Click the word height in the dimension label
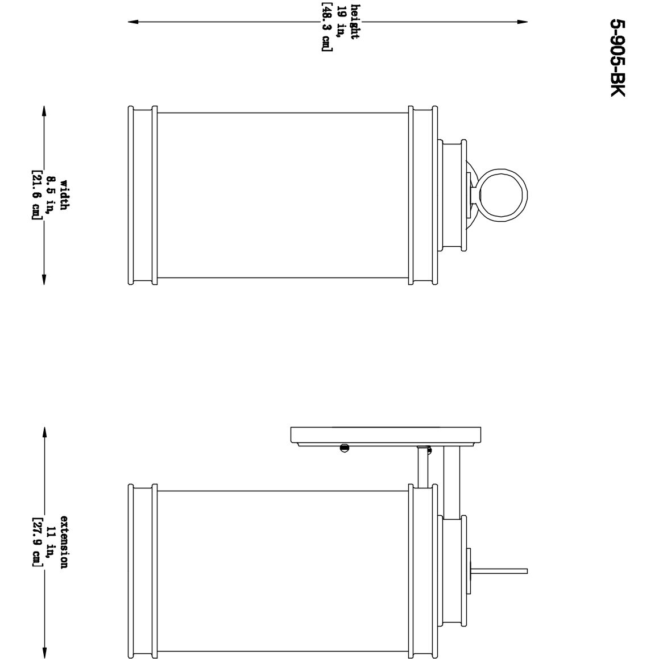coord(354,22)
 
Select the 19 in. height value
coord(340,22)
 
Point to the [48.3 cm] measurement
coord(326,27)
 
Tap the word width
coord(64,195)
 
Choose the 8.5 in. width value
coord(51,195)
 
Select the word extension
coord(64,542)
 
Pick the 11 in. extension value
coord(51,542)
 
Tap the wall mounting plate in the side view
coord(386,435)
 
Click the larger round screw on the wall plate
coord(344,448)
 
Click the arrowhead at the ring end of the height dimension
coord(523,22)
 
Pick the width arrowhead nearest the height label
coord(44,110)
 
